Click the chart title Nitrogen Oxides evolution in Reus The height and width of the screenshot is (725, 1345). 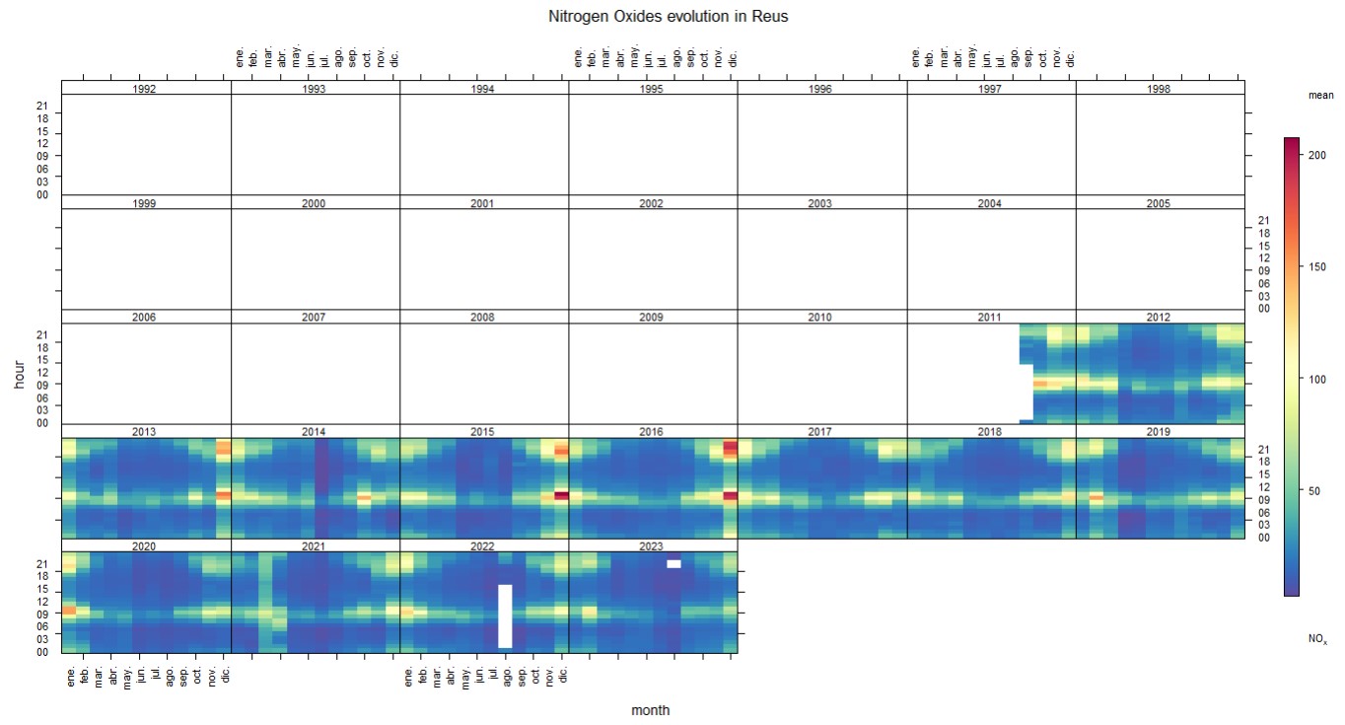(x=668, y=17)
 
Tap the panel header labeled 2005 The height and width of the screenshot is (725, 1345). (x=1159, y=204)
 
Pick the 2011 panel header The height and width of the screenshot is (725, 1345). (x=989, y=318)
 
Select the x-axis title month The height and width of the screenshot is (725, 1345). (x=651, y=710)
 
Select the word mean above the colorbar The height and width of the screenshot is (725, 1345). (x=1320, y=96)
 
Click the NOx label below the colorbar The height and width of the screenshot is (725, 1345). (x=1317, y=639)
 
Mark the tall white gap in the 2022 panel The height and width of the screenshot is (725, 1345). (x=505, y=616)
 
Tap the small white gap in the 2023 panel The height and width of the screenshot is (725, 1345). (x=673, y=564)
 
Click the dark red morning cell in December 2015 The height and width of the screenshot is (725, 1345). (x=562, y=496)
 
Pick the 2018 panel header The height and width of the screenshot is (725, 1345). (x=989, y=432)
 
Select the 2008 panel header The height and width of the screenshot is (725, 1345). (x=482, y=318)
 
